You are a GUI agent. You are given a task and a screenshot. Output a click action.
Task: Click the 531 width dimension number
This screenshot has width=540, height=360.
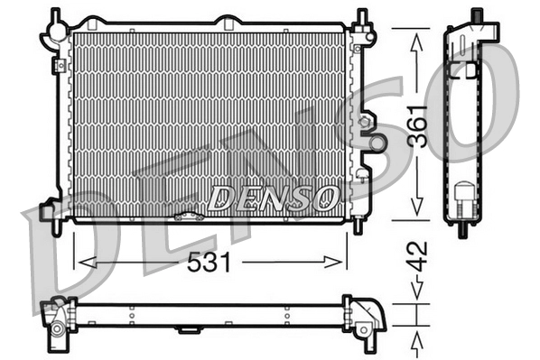(210, 263)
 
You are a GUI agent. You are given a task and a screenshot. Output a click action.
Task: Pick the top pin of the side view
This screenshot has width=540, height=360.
(474, 14)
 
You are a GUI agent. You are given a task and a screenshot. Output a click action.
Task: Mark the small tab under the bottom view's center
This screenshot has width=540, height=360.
(189, 330)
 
